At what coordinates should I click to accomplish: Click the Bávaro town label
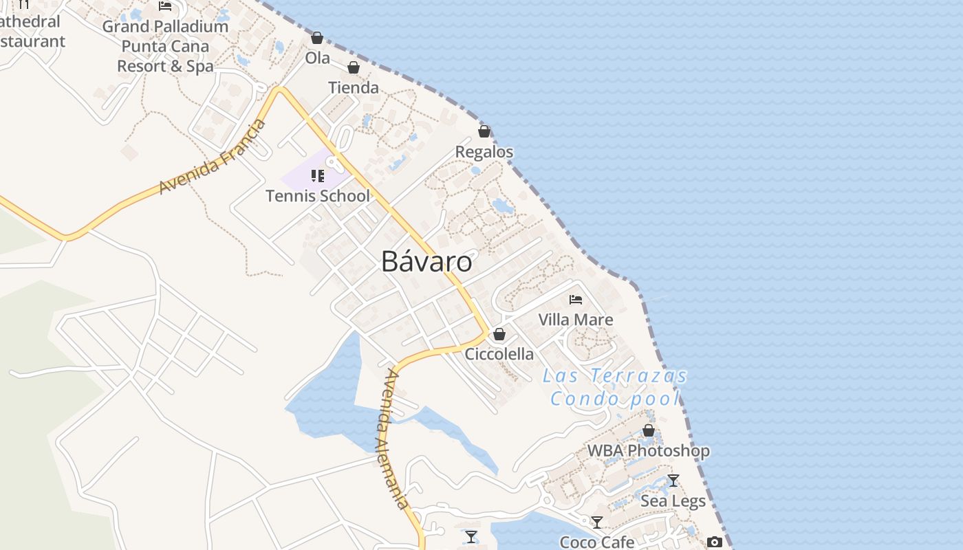tap(426, 262)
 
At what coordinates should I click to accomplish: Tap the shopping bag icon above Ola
tap(317, 38)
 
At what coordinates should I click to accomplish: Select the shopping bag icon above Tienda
tap(354, 67)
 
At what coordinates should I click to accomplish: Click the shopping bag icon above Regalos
tap(484, 131)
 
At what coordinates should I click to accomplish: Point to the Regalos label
tap(484, 152)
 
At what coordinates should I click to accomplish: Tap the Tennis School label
tap(318, 196)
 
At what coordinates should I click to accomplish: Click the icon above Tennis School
tap(317, 176)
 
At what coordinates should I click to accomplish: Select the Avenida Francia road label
tap(213, 157)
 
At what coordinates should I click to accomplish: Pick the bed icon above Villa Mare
tap(576, 300)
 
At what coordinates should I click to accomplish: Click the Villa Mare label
tap(576, 320)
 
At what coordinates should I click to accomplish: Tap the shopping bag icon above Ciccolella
tap(499, 335)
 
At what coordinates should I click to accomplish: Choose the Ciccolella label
tap(499, 354)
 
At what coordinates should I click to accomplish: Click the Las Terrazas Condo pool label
tap(615, 387)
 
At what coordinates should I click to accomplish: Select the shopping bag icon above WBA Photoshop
tap(648, 431)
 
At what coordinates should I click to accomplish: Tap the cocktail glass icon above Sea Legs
tap(673, 481)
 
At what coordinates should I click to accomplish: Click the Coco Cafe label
tap(597, 542)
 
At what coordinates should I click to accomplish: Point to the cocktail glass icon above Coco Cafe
tap(597, 522)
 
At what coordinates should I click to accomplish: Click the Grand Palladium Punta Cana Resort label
tap(165, 46)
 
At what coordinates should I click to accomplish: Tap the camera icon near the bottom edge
tap(715, 542)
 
